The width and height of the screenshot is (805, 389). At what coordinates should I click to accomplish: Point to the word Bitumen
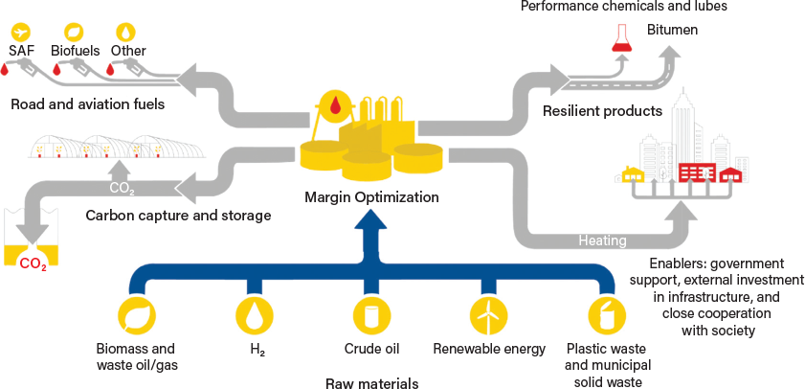tap(672, 30)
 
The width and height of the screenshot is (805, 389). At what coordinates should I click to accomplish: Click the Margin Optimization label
tap(371, 197)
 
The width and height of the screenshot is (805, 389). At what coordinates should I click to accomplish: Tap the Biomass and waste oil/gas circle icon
tap(136, 315)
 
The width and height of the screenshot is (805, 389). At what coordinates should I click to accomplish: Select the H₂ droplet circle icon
tap(254, 315)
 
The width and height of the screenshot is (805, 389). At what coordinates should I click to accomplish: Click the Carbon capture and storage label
tap(178, 216)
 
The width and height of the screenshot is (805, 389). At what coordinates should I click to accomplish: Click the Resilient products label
tap(602, 111)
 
